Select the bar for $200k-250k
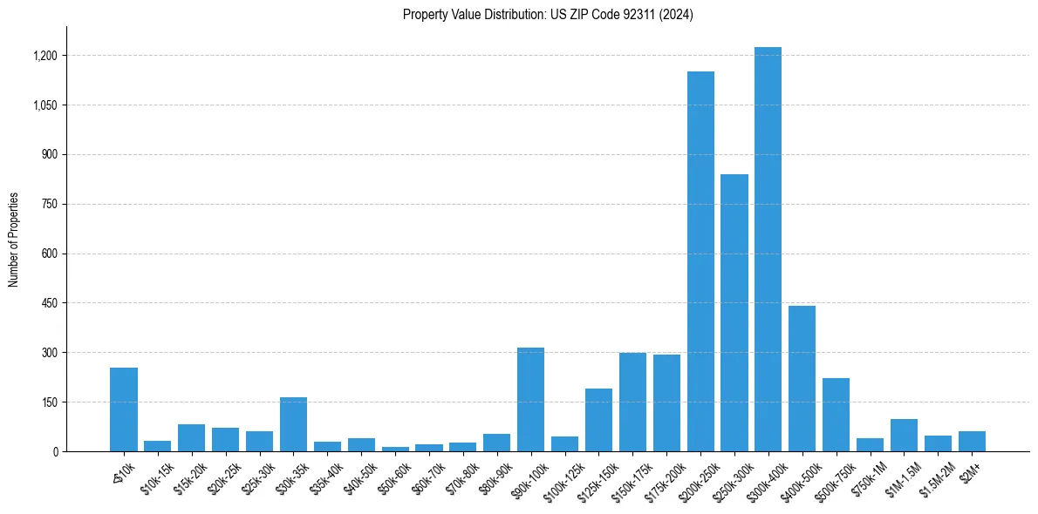700,261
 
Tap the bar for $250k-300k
734,313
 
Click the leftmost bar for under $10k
124,409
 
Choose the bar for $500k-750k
836,415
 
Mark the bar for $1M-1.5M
904,436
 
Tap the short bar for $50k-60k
395,449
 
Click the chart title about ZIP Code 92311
548,15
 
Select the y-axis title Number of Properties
13,240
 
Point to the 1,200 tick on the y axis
44,56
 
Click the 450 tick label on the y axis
48,303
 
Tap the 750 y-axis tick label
48,204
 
